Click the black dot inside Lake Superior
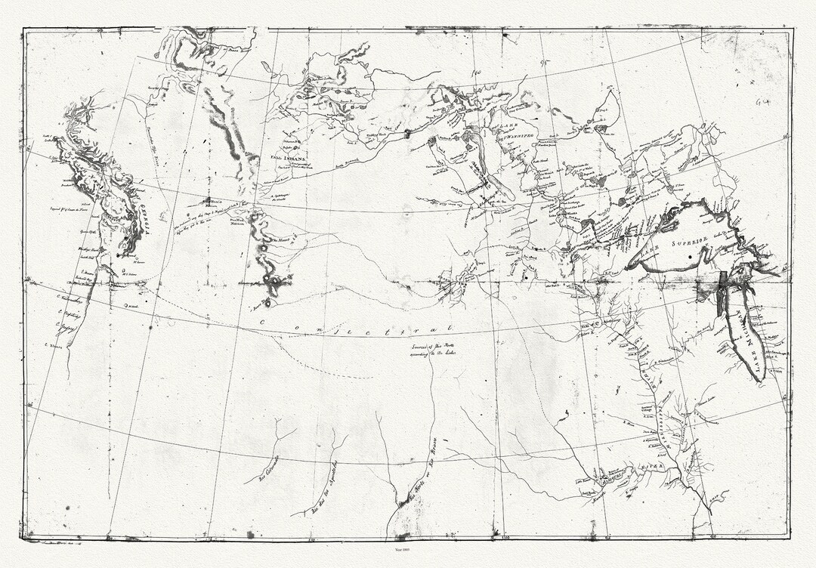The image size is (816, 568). tap(690, 258)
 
